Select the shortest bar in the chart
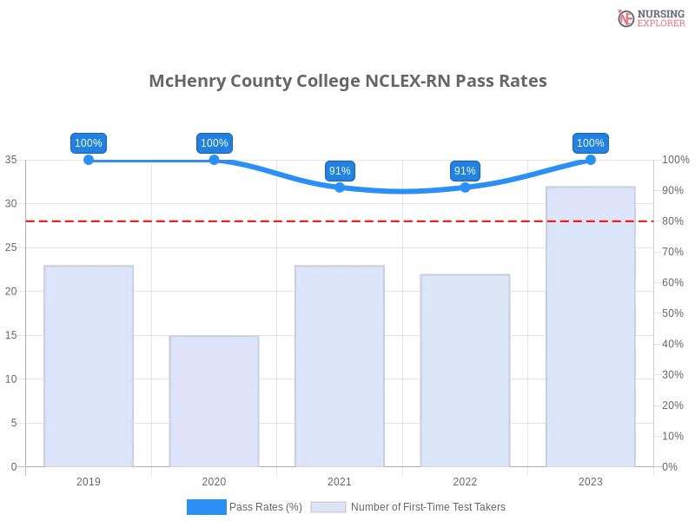point(215,401)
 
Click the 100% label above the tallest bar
point(591,143)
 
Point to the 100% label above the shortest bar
point(215,143)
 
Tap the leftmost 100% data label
point(89,143)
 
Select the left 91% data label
point(340,171)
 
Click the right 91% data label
point(465,171)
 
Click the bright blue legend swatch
point(207,506)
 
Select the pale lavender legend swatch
point(328,506)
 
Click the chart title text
point(347,82)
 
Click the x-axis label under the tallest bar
point(591,480)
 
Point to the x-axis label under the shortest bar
point(215,479)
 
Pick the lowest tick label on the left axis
point(13,466)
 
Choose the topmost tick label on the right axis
point(673,160)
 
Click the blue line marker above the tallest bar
point(591,159)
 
